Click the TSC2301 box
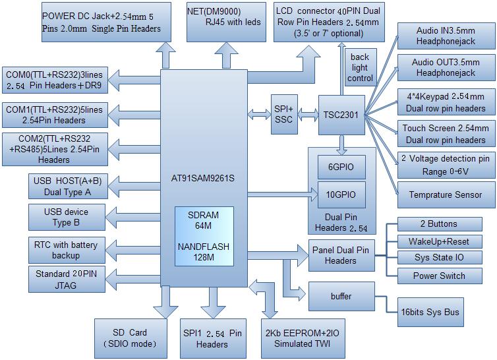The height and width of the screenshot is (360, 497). pyautogui.click(x=341, y=115)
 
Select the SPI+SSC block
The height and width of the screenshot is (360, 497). pyautogui.click(x=284, y=114)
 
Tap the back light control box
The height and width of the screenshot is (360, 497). pyautogui.click(x=361, y=67)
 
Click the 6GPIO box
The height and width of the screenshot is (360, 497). pyautogui.click(x=341, y=167)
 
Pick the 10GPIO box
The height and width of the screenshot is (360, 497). pyautogui.click(x=341, y=195)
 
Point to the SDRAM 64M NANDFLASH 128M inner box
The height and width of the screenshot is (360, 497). pyautogui.click(x=204, y=236)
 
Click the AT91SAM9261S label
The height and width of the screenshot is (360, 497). pyautogui.click(x=203, y=178)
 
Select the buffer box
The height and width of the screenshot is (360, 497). pyautogui.click(x=341, y=296)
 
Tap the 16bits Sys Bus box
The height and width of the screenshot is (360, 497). pyautogui.click(x=430, y=312)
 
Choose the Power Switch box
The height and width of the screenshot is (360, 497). pyautogui.click(x=440, y=276)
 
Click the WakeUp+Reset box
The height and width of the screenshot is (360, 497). pyautogui.click(x=440, y=242)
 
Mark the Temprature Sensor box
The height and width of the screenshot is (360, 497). pyautogui.click(x=446, y=195)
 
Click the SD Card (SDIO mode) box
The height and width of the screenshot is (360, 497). pyautogui.click(x=131, y=338)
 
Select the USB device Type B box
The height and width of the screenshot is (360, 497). pyautogui.click(x=67, y=218)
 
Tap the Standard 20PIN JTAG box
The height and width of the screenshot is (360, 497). pyautogui.click(x=67, y=279)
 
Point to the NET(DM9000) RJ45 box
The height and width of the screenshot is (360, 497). pyautogui.click(x=226, y=22)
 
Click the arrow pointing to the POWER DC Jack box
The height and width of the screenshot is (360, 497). pyautogui.click(x=165, y=55)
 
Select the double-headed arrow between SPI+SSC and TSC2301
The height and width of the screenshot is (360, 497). pyautogui.click(x=308, y=114)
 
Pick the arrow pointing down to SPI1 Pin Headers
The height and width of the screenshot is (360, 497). pyautogui.click(x=213, y=302)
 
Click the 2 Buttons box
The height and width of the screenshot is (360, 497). pyautogui.click(x=440, y=224)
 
